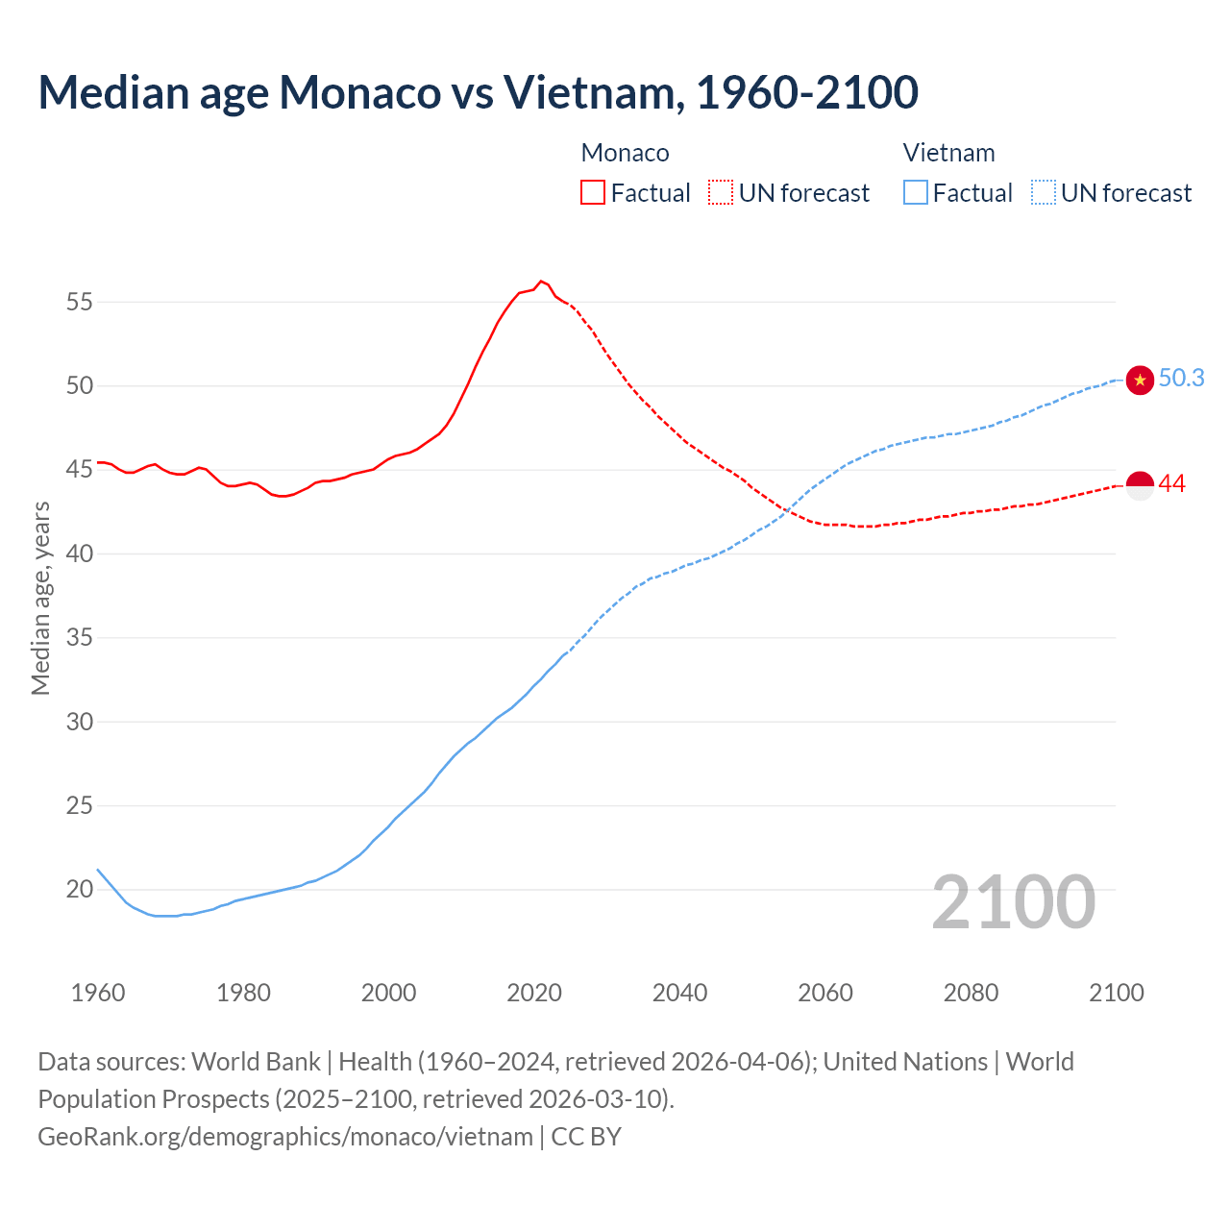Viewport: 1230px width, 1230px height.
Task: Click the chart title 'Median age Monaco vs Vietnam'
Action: [478, 92]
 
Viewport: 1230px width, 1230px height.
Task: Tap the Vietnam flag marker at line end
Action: [1140, 381]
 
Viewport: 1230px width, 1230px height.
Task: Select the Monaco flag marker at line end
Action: [1140, 486]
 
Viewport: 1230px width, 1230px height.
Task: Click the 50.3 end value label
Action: [1181, 379]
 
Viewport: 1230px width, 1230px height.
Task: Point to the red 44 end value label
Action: [1172, 484]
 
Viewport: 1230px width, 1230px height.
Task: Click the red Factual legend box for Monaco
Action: [593, 193]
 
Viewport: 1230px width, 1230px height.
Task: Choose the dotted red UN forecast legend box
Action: [721, 193]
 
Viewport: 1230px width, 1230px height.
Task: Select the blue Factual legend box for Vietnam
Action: [916, 193]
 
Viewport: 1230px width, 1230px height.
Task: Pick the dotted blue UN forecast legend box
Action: [1044, 193]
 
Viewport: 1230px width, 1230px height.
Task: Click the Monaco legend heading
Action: [625, 153]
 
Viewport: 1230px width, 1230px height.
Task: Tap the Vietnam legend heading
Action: [948, 153]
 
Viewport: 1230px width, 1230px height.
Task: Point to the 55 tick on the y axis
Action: [80, 303]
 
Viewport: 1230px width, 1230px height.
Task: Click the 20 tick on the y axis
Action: [80, 890]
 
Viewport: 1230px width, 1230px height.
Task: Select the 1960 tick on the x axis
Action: [98, 993]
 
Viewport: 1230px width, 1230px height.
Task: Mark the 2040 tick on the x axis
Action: [679, 993]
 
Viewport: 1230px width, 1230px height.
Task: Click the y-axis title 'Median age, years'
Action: [40, 598]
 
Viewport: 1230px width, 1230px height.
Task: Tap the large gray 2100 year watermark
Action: [1013, 902]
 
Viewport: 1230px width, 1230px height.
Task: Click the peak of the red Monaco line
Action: [541, 281]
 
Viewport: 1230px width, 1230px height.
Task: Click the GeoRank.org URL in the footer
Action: [284, 1137]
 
